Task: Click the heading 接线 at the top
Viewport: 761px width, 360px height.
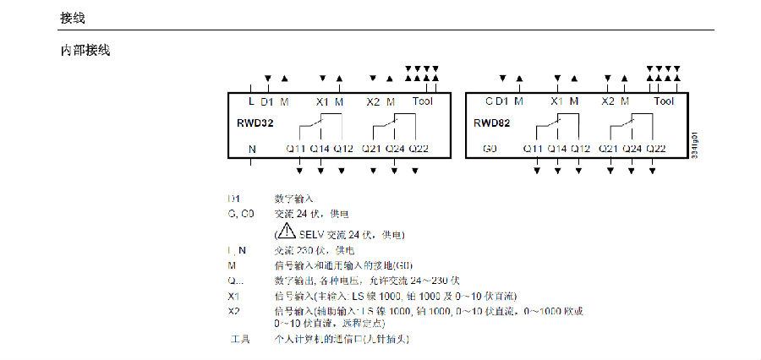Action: tap(73, 17)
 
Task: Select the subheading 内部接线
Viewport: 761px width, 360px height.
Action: tap(85, 52)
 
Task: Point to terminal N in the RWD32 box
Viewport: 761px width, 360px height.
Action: tap(252, 149)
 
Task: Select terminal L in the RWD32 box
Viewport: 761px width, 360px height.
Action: tap(251, 101)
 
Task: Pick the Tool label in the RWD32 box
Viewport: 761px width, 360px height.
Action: tap(422, 101)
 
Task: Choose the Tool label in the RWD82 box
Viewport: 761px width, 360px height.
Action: tap(664, 101)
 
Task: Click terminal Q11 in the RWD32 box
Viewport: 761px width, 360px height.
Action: tap(295, 149)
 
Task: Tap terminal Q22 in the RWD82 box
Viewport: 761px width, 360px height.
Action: tap(656, 149)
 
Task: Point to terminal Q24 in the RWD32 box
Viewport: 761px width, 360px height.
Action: tap(396, 149)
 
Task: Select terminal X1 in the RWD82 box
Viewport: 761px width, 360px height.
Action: tap(556, 101)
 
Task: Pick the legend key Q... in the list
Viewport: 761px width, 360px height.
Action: tap(235, 281)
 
